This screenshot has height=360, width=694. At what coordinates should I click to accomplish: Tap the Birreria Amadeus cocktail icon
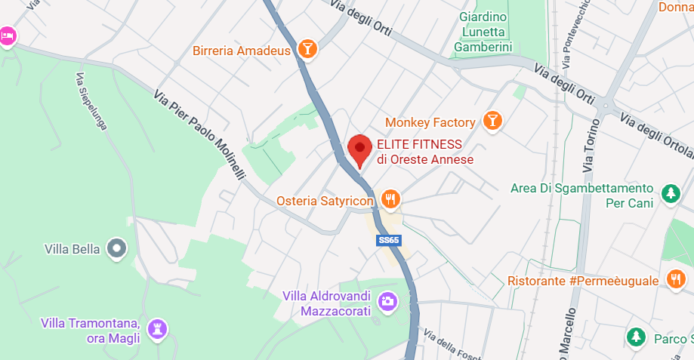click(307, 50)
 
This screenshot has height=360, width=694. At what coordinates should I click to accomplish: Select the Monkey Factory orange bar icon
click(492, 121)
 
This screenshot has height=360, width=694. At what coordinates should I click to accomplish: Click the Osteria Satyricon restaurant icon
click(390, 199)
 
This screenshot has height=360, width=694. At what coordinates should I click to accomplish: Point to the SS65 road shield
click(389, 240)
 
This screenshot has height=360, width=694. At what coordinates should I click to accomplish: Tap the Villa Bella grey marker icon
click(116, 248)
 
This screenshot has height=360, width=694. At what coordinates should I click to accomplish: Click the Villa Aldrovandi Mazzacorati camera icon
click(387, 301)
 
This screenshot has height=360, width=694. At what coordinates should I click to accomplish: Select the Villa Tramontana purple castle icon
click(157, 328)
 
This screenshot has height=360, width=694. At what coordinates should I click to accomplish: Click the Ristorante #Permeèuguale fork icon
click(674, 279)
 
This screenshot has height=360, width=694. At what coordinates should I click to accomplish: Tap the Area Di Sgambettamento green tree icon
click(670, 193)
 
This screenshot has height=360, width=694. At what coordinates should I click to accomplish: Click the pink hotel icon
click(7, 35)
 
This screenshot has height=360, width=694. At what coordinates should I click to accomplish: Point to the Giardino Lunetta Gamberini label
click(483, 32)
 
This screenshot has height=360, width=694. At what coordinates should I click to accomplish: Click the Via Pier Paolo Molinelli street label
click(200, 135)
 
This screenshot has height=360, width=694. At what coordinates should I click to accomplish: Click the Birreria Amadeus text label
click(242, 51)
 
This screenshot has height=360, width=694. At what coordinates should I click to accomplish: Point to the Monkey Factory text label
click(430, 122)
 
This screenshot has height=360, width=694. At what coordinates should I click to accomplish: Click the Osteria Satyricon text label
click(325, 201)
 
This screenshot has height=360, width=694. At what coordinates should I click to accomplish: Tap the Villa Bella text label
click(72, 249)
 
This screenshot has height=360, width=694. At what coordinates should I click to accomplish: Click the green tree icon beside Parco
click(637, 336)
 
